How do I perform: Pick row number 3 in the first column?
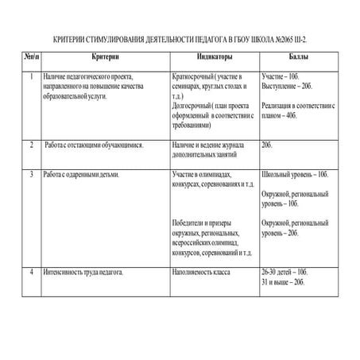(x=30, y=174)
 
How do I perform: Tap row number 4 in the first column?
(x=30, y=273)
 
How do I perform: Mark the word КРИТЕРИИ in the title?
(x=72, y=38)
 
